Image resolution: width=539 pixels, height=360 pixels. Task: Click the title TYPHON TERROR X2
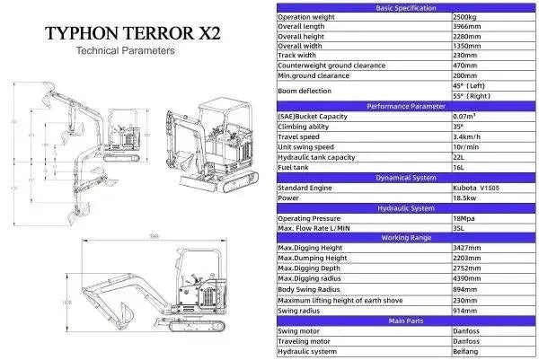click(x=132, y=34)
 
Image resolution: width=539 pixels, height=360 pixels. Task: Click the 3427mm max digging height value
click(x=470, y=248)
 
